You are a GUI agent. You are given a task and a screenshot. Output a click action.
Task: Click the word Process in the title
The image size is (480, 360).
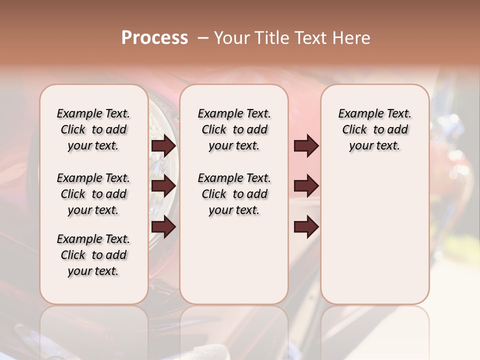click(154, 38)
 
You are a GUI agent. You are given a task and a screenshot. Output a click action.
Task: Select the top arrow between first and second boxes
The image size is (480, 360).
click(163, 146)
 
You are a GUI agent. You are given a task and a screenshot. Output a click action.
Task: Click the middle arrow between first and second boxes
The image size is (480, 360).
click(163, 186)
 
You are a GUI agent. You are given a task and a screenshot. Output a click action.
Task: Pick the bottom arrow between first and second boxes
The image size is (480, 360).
click(163, 226)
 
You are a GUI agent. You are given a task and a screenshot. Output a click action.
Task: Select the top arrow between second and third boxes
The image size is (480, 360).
click(306, 145)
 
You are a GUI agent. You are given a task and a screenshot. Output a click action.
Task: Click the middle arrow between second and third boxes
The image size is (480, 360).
click(306, 186)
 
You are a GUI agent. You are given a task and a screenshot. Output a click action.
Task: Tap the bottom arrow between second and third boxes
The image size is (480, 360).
click(306, 227)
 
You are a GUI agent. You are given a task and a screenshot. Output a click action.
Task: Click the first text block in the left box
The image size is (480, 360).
click(93, 129)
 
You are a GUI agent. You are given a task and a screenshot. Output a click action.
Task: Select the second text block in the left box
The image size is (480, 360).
click(93, 194)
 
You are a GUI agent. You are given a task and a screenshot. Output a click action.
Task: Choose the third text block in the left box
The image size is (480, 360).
click(93, 255)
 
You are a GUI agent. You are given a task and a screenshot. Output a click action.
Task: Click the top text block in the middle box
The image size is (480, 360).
click(234, 129)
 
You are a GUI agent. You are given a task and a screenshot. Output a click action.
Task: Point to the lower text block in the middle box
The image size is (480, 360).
click(234, 194)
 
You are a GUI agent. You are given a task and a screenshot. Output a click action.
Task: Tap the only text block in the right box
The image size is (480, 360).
click(375, 129)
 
